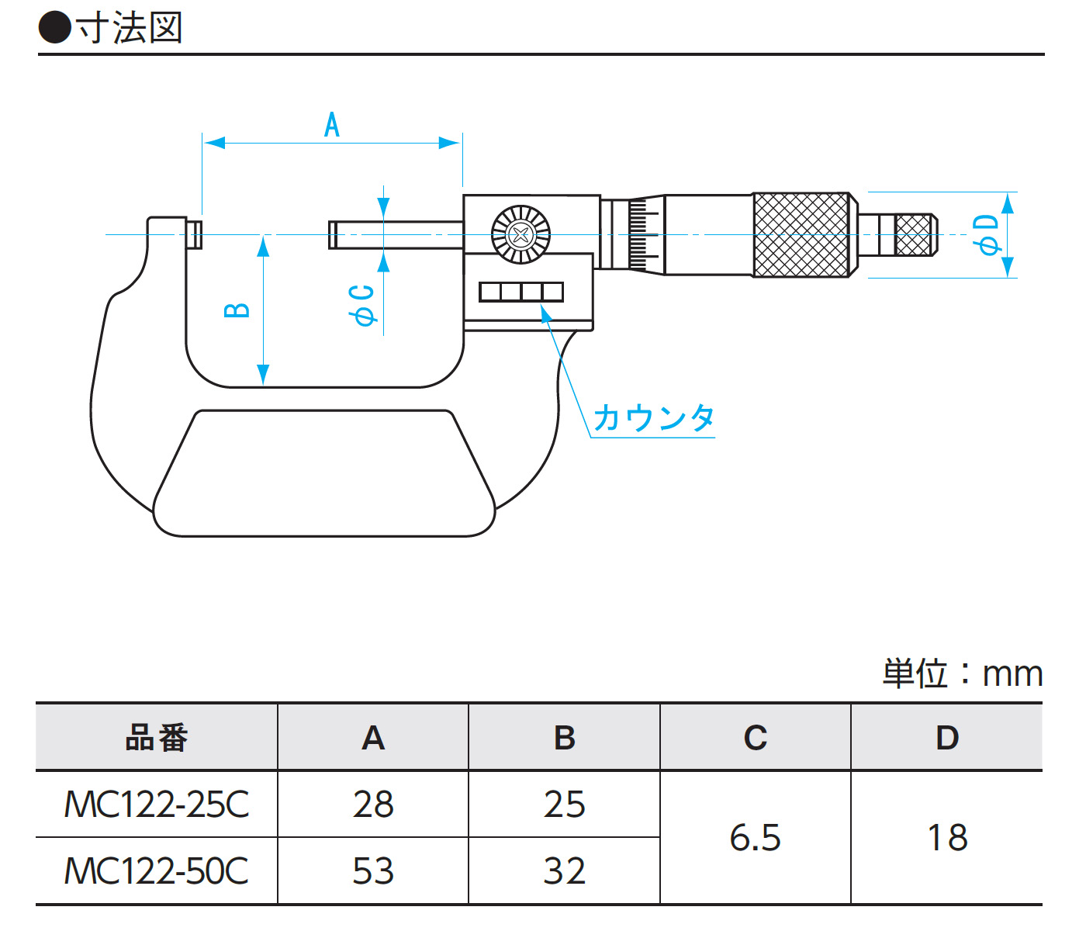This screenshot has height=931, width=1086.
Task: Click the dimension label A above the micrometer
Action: (x=332, y=125)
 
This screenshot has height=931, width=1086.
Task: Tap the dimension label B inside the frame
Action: (x=237, y=310)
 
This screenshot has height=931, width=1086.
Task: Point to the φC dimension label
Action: (x=362, y=305)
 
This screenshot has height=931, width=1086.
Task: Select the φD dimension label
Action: (x=987, y=234)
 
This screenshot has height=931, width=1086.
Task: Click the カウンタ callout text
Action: (x=653, y=418)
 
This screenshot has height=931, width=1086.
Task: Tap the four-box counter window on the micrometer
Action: (x=521, y=292)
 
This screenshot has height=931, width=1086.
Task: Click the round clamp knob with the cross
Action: (x=521, y=234)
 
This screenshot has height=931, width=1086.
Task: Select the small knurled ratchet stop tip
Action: (x=913, y=234)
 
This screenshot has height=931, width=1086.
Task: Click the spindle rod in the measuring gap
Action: (x=396, y=234)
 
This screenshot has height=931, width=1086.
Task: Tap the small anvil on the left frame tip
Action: (x=195, y=234)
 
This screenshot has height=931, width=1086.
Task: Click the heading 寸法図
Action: (x=129, y=29)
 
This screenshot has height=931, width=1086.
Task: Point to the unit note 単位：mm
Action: (x=962, y=673)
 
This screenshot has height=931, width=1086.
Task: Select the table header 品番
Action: (x=157, y=738)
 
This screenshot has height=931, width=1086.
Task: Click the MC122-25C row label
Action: (x=157, y=805)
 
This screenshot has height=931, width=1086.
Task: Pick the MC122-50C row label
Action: (x=157, y=871)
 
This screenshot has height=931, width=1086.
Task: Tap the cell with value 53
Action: (x=373, y=871)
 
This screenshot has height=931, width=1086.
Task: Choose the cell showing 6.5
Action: (x=755, y=838)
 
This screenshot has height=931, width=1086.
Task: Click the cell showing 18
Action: (x=947, y=838)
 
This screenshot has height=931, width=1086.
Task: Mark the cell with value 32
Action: (x=564, y=871)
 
